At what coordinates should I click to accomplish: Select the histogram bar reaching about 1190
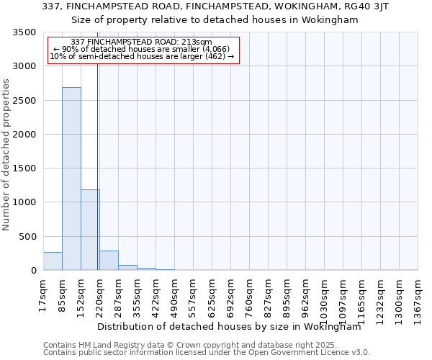coord(90,230)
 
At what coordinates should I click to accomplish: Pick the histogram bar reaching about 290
coord(109,261)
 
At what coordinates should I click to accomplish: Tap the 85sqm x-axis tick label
coord(62,294)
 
